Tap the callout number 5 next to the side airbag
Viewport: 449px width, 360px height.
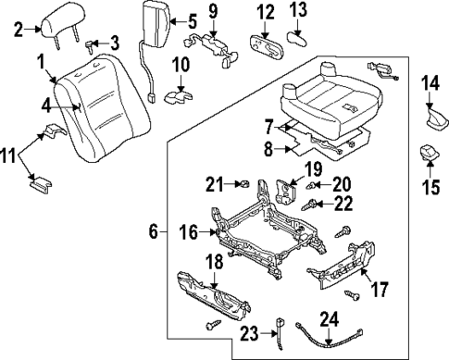[x=192, y=20]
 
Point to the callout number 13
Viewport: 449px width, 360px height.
[x=297, y=11]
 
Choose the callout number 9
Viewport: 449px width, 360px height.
[x=212, y=12]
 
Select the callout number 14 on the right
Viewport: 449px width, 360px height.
[x=431, y=84]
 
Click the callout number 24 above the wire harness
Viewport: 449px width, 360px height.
[x=329, y=322]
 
